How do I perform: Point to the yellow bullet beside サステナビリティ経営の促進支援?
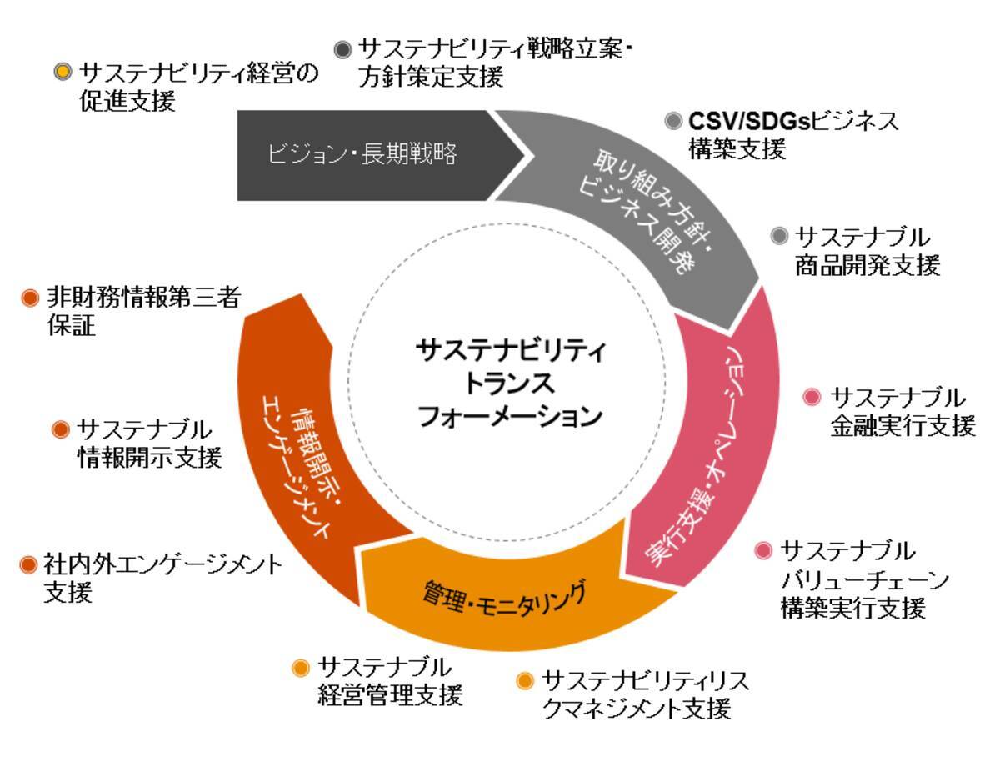click(x=62, y=72)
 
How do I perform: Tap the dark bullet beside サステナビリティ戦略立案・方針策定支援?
click(x=342, y=50)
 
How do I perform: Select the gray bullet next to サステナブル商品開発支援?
click(x=779, y=235)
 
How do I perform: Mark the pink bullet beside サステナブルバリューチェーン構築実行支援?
click(x=763, y=551)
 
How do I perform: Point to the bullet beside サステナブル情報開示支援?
click(x=60, y=429)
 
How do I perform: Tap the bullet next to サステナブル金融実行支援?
click(x=813, y=396)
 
